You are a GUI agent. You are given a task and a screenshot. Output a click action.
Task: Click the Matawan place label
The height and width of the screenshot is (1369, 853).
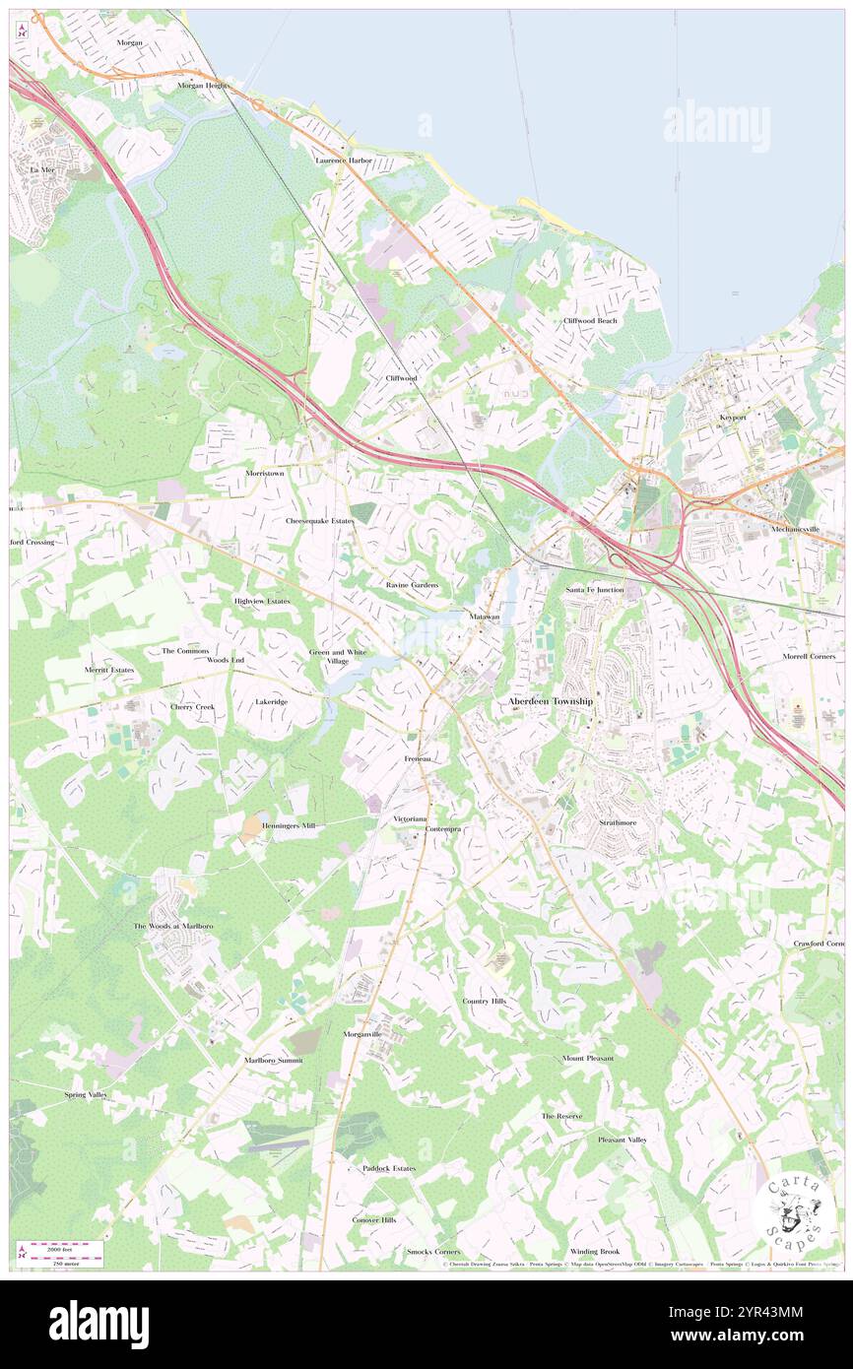pyautogui.click(x=485, y=617)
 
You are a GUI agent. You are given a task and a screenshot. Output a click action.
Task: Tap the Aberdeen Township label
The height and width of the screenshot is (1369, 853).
pyautogui.click(x=551, y=701)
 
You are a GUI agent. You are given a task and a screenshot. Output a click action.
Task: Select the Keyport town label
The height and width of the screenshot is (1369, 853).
pyautogui.click(x=733, y=418)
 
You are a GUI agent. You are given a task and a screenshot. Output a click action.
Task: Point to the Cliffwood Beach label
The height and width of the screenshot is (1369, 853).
pyautogui.click(x=590, y=321)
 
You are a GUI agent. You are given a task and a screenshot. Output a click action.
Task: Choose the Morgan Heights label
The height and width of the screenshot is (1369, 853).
pyautogui.click(x=203, y=86)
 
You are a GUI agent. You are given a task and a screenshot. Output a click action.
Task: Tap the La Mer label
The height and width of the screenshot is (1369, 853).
pyautogui.click(x=41, y=169)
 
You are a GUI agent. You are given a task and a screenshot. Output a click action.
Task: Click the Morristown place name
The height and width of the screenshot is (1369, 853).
pyautogui.click(x=264, y=473)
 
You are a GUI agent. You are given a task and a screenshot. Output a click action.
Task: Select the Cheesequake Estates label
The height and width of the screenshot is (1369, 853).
pyautogui.click(x=319, y=520)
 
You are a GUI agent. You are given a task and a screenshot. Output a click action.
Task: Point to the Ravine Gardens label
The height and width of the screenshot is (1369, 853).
pyautogui.click(x=412, y=585)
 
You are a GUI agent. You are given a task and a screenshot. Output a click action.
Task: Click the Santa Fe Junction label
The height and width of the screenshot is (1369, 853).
pyautogui.click(x=594, y=589)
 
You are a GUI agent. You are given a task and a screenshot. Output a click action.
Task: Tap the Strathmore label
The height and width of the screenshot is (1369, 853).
pyautogui.click(x=619, y=821)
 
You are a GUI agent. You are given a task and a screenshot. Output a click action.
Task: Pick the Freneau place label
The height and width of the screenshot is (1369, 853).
pyautogui.click(x=418, y=759)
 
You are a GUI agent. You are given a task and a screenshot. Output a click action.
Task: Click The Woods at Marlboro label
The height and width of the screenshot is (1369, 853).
pyautogui.click(x=173, y=927)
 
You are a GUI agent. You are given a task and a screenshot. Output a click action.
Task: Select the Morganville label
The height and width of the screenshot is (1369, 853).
pyautogui.click(x=361, y=1033)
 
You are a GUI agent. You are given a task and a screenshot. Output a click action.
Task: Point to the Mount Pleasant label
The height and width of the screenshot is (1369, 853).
pyautogui.click(x=588, y=1059)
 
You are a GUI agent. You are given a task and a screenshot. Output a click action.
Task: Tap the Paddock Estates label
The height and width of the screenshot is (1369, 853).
pyautogui.click(x=389, y=1168)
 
